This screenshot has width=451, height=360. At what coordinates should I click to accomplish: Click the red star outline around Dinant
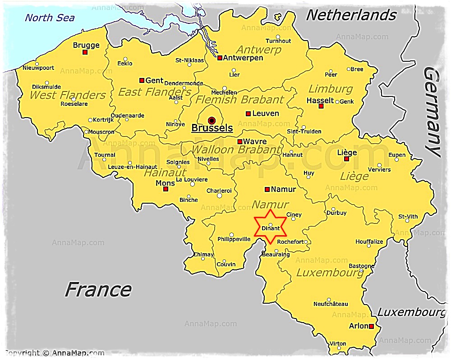click(271, 227)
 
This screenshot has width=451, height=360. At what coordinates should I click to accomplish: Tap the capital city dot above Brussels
click(212, 120)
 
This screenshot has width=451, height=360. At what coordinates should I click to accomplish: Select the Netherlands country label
click(351, 15)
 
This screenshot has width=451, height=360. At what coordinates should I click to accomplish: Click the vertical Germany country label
click(432, 112)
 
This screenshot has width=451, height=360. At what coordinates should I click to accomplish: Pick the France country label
click(98, 289)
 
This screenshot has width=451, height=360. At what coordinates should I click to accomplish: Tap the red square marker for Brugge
click(85, 52)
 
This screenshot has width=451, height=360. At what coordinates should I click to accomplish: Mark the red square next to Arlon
click(371, 326)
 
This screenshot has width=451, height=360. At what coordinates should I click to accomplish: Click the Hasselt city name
click(320, 100)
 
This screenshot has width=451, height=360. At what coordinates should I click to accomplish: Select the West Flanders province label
click(68, 95)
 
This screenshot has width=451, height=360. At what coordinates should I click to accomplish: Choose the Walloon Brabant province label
click(236, 150)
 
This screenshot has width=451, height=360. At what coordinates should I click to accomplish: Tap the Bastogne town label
click(362, 266)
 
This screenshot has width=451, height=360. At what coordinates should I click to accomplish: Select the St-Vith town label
click(408, 217)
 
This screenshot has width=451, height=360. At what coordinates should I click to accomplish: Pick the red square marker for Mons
click(166, 189)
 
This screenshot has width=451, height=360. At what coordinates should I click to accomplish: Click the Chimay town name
click(203, 255)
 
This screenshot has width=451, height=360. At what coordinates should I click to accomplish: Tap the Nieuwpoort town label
click(39, 68)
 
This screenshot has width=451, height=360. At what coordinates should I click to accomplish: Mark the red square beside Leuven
click(248, 114)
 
